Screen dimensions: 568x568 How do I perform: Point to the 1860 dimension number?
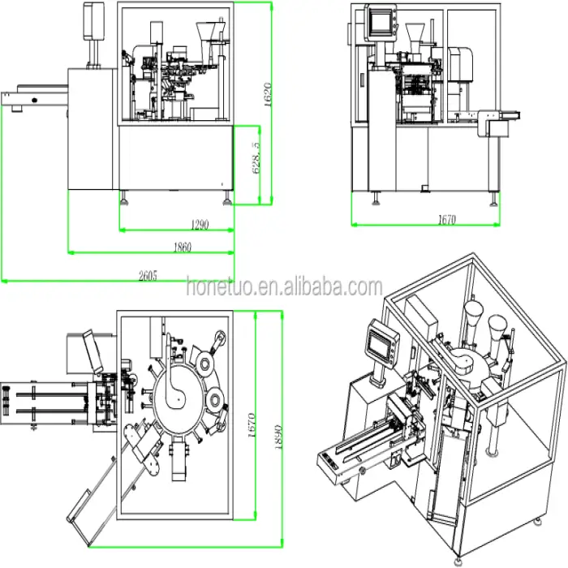(x=181, y=247)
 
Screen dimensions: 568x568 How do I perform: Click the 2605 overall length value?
(x=146, y=275)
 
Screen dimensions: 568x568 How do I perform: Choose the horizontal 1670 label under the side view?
(x=446, y=219)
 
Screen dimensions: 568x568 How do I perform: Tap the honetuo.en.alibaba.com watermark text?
(x=284, y=287)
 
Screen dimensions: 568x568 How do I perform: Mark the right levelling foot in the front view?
(x=224, y=199)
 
